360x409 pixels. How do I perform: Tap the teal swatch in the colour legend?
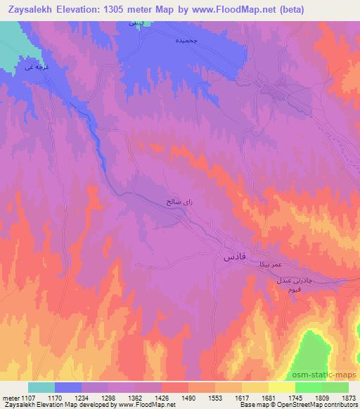(x=41, y=387)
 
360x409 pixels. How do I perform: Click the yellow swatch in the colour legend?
(x=282, y=387)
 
